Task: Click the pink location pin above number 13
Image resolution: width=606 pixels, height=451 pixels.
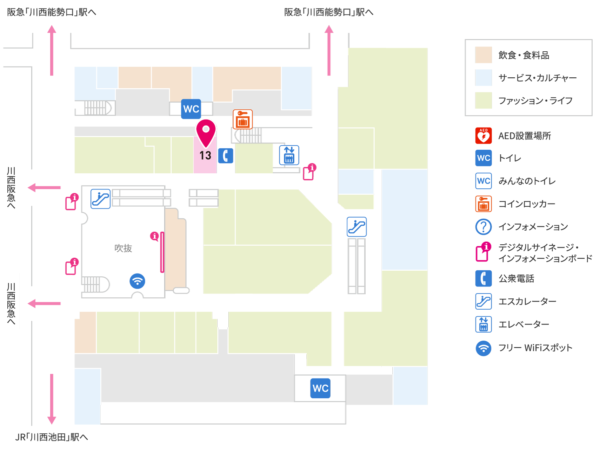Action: pos(206,133)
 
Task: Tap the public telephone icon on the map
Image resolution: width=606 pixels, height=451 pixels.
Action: pos(226,156)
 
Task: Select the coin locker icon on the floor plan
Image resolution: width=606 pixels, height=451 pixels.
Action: pos(243,119)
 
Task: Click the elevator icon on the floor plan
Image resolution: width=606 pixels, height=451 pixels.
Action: pos(289,155)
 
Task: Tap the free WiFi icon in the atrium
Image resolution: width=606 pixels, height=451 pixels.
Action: pos(138,281)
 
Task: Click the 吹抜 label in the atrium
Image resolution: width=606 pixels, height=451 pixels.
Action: pos(123,248)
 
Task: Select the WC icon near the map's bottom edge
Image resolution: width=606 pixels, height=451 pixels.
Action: pos(320,388)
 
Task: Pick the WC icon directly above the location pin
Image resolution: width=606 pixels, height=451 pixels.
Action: pos(191,109)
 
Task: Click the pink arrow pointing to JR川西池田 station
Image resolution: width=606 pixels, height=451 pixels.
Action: pos(52,399)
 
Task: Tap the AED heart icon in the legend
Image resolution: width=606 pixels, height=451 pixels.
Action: pos(484,136)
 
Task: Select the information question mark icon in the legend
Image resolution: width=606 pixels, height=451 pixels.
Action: pos(484,227)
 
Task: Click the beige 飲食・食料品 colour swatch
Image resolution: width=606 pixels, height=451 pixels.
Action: pos(484,55)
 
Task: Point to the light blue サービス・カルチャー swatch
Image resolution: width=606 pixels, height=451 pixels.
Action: pos(484,78)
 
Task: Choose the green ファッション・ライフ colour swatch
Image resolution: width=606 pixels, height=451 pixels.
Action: pos(484,101)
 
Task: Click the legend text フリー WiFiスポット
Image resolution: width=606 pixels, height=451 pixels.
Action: pos(535,348)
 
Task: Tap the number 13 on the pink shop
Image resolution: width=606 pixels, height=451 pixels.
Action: pos(205,155)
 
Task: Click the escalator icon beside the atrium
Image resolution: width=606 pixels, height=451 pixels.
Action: pos(101,199)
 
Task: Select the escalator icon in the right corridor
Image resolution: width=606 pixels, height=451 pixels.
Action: pos(357,227)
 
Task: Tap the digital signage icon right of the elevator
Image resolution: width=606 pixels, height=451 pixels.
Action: pos(309,172)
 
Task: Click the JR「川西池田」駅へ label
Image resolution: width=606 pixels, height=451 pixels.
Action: pos(52,437)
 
